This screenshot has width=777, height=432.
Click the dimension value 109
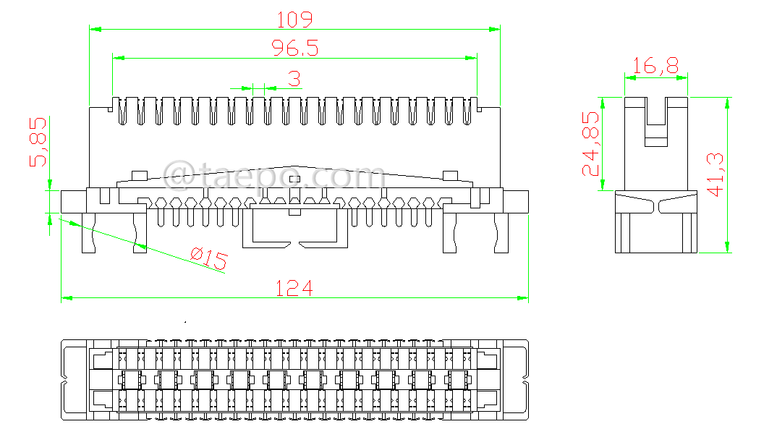tap(294, 18)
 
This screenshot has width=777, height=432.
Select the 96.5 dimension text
tap(294, 48)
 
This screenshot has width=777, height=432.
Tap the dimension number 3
tap(294, 78)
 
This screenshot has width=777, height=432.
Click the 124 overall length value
tap(294, 288)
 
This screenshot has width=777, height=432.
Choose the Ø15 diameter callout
tap(208, 258)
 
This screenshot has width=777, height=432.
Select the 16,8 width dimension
tap(655, 67)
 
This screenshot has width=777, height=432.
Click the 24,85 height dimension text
tap(592, 143)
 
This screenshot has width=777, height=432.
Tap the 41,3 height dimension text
tap(716, 174)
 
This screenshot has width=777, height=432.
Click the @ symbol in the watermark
tap(177, 174)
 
